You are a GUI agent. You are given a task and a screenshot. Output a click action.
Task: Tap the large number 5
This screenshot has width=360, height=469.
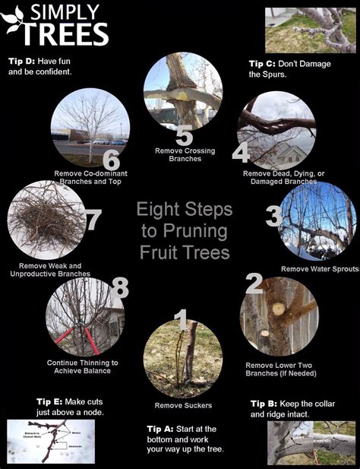pos(184,135)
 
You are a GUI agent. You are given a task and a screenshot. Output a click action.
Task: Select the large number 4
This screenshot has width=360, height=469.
pos(240,153)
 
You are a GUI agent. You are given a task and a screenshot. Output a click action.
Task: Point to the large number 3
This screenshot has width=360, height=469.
pos(274,217)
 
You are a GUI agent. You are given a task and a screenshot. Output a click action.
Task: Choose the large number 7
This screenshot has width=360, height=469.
pos(93,220)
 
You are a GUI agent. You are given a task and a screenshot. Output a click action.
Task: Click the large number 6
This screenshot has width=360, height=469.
pos(112,160)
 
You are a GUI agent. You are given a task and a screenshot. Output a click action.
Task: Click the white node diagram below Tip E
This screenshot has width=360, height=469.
pos(50,441)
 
